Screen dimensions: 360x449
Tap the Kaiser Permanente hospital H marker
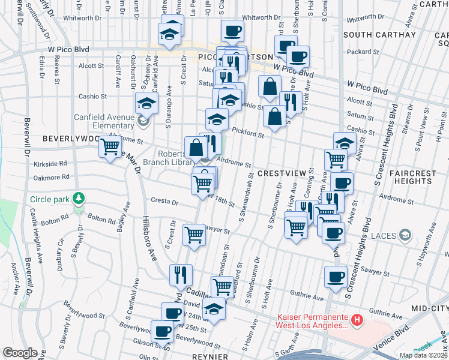tap(357, 320)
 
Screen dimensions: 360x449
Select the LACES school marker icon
tap(406, 235)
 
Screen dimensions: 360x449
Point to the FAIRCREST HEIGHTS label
tap(412, 177)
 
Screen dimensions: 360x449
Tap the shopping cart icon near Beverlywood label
tap(110, 147)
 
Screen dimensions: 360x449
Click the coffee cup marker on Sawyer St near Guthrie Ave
tap(336, 277)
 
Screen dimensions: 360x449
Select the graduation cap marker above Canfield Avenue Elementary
tap(146, 103)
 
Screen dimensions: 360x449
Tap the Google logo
tap(20, 353)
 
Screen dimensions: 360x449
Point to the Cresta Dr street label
tap(165, 203)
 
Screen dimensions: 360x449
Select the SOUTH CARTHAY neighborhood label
tap(379, 35)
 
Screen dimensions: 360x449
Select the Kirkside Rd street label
tap(50, 163)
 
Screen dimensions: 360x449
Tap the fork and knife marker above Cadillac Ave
tap(180, 275)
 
